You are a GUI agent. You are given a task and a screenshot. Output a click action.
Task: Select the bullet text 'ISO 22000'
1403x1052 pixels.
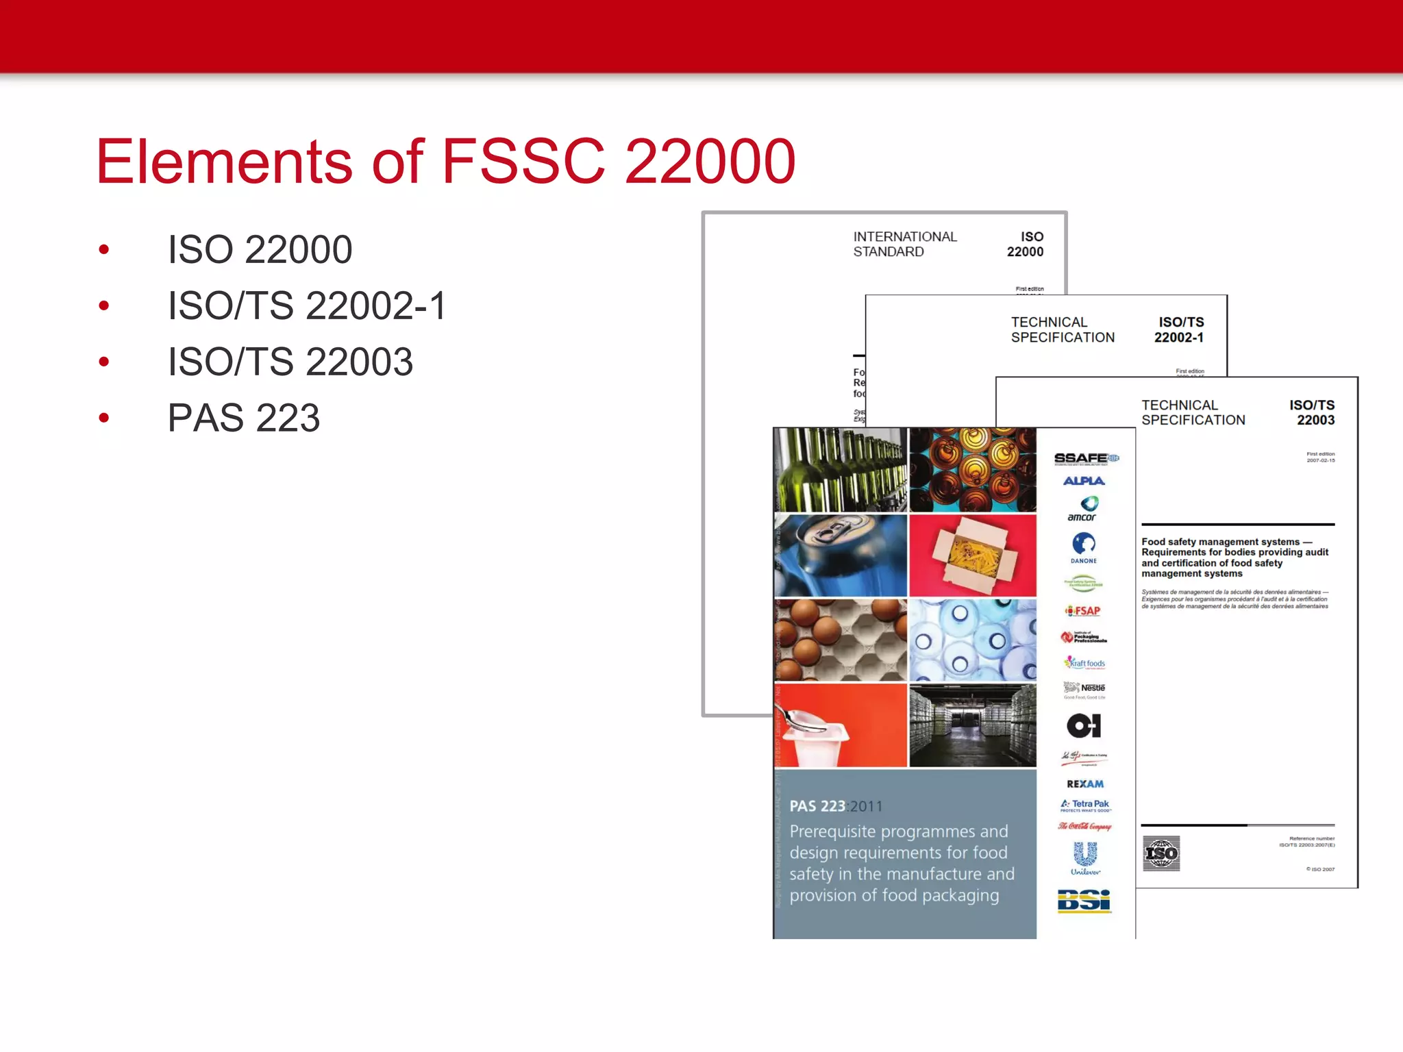click(x=260, y=249)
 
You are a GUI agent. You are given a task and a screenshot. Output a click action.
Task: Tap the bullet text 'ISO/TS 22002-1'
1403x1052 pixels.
click(x=307, y=305)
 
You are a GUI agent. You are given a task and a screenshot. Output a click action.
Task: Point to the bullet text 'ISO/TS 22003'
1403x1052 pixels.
click(x=290, y=362)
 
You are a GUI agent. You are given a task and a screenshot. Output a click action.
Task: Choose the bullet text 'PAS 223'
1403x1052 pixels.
click(x=244, y=418)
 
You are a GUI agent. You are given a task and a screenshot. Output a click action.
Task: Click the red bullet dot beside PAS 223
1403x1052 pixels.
click(x=104, y=418)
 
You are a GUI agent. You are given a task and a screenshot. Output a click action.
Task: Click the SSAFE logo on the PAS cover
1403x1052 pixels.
click(x=1086, y=458)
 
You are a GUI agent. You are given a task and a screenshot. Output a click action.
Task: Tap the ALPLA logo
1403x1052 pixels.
click(x=1084, y=481)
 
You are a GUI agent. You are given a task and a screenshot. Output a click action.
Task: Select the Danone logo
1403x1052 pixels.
click(x=1084, y=547)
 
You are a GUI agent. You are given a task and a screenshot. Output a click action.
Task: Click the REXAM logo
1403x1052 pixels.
click(x=1085, y=784)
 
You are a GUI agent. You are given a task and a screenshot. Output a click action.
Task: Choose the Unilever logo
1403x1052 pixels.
click(x=1085, y=858)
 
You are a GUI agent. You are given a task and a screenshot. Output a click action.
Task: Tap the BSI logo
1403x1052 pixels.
click(x=1084, y=901)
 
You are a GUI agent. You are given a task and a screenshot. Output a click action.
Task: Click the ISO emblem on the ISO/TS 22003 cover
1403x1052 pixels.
click(x=1162, y=853)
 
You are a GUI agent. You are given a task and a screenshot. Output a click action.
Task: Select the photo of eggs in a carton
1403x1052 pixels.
click(x=841, y=640)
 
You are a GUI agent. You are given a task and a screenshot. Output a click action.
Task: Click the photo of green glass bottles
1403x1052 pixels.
click(x=841, y=470)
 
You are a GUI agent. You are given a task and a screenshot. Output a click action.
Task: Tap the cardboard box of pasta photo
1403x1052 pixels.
click(x=973, y=555)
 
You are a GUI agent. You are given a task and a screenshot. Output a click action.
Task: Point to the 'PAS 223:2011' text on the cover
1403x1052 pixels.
click(x=836, y=806)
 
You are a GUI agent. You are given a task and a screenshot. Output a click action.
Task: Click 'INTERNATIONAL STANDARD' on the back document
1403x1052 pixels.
click(x=904, y=244)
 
